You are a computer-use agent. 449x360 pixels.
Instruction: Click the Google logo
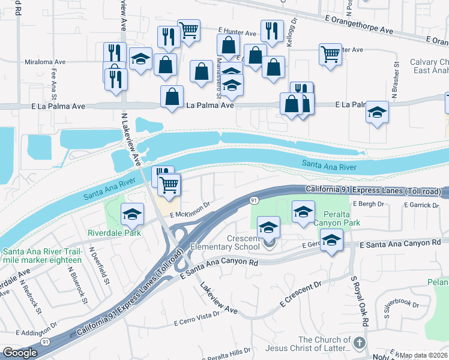(20, 353)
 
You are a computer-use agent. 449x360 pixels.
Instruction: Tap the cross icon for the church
(359, 343)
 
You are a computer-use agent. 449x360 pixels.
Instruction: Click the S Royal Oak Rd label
(359, 300)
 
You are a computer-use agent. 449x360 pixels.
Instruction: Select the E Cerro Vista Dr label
(197, 319)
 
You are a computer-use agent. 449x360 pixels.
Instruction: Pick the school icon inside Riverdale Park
(133, 213)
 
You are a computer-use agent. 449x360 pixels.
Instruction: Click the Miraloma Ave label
(45, 62)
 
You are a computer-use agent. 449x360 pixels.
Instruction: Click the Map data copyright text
(423, 355)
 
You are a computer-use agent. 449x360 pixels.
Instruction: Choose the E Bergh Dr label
(369, 204)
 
